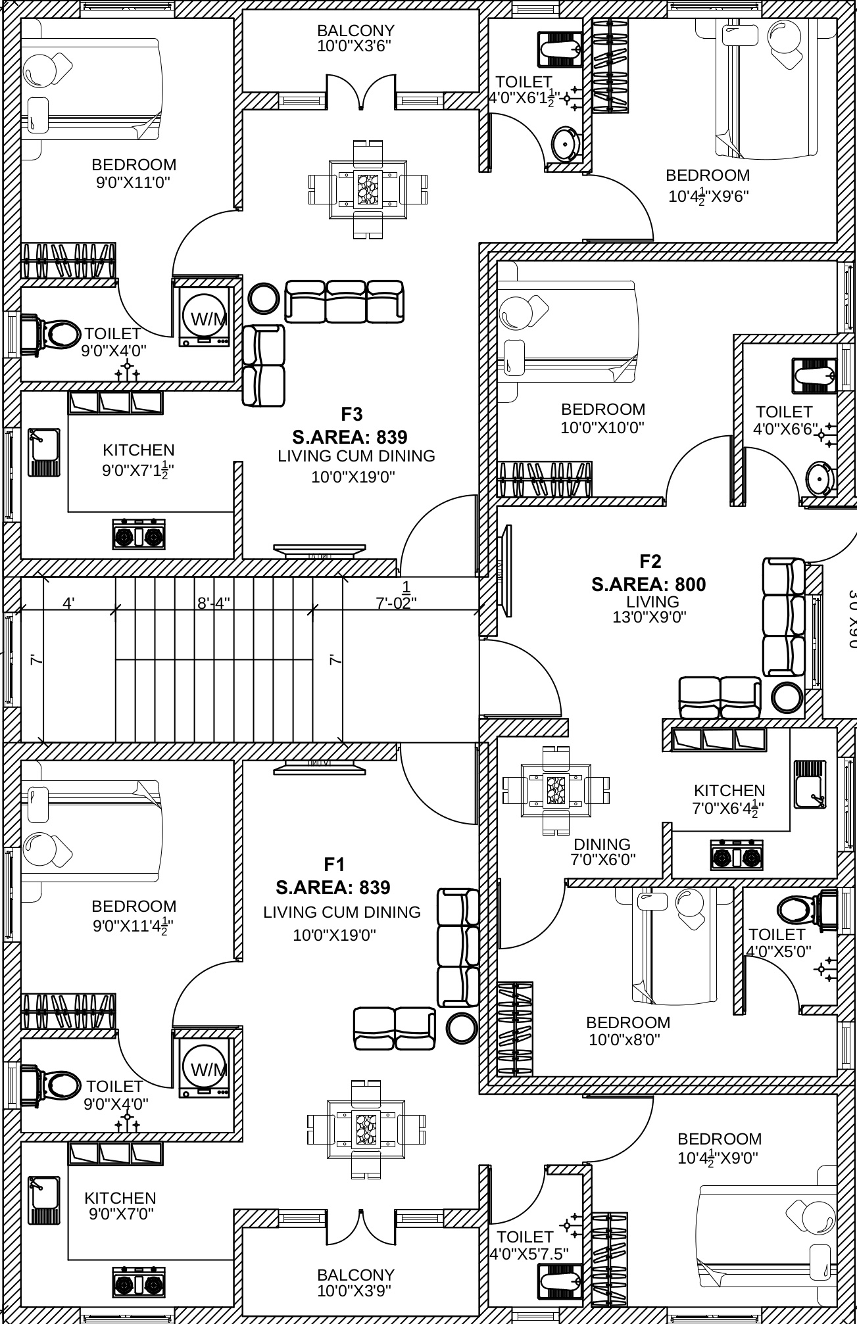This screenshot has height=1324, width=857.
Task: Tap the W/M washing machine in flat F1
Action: pos(205,1068)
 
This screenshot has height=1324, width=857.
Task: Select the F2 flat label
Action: pos(650,561)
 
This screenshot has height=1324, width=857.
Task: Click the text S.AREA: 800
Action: pos(649,584)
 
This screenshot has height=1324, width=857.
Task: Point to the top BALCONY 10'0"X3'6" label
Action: pos(355,38)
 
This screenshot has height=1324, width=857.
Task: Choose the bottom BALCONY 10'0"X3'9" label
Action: pos(355,1283)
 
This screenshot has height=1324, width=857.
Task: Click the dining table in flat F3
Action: pos(368,189)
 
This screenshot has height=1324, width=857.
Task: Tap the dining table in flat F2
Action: pos(556,790)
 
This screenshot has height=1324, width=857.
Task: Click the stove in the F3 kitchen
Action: pos(139,536)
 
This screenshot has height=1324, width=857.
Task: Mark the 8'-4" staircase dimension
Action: pos(214,603)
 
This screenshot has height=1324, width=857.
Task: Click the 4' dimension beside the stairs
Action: pos(68,603)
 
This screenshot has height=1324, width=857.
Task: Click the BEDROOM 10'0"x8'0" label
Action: pos(627,1031)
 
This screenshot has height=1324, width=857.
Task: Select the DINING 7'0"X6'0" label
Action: pos(602,851)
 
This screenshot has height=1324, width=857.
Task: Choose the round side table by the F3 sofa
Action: pos(264,298)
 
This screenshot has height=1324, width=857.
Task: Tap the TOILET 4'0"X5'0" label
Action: pos(777,942)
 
